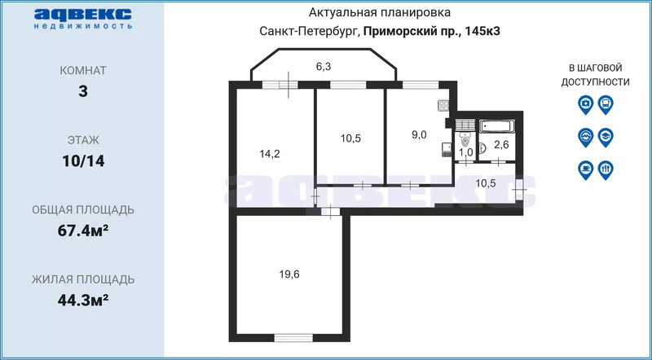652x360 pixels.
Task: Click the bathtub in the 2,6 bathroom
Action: point(497,126)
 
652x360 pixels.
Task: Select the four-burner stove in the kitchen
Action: point(443,106)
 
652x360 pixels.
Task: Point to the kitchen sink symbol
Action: point(446,149)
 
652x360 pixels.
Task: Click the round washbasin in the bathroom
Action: point(482,147)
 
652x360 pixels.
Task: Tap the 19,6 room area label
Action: point(289,274)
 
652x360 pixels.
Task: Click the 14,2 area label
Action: point(270,154)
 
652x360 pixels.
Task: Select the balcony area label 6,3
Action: point(323,66)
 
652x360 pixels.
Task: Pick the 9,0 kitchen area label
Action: point(419,134)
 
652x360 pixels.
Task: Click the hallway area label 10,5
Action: point(485,183)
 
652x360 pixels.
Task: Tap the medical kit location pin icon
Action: point(585,104)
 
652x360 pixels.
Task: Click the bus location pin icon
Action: point(606,104)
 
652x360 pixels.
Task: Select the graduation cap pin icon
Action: point(606,137)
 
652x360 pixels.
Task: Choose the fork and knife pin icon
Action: point(606,170)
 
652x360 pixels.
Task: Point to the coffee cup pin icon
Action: point(585,170)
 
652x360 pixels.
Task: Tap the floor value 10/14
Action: point(83,160)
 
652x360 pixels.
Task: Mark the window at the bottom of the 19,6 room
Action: point(293,337)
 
